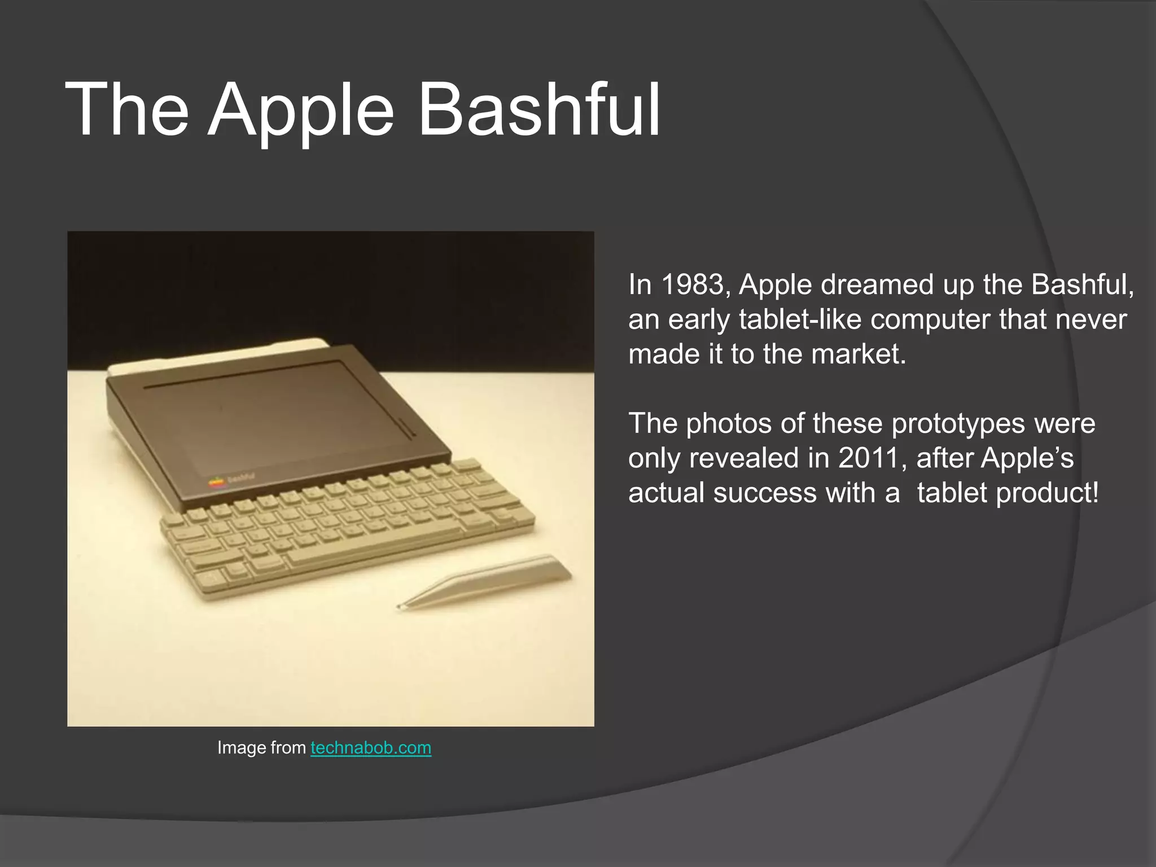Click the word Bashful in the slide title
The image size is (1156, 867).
(539, 110)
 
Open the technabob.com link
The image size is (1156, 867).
(371, 748)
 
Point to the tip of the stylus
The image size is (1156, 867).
(400, 607)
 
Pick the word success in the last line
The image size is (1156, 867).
(764, 493)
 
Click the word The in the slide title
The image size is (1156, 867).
(127, 110)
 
